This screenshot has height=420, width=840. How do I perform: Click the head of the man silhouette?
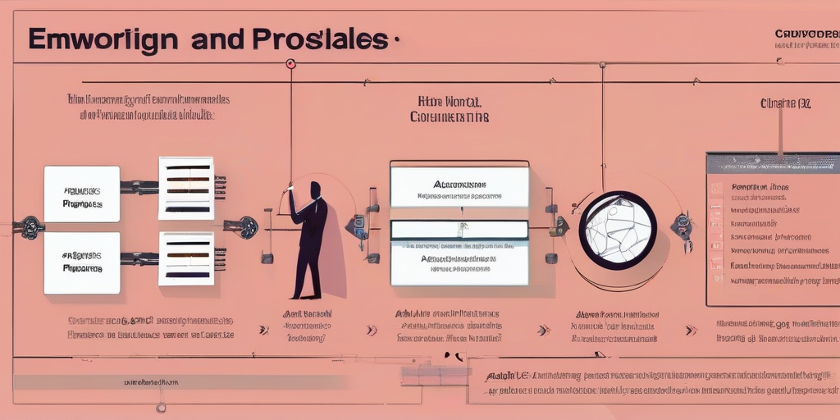[315, 189]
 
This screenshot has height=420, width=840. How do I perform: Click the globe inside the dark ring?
[618, 231]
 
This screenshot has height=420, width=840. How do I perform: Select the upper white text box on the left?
[81, 194]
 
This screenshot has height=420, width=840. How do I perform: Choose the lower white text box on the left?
[81, 262]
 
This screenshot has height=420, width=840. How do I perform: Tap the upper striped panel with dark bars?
[186, 188]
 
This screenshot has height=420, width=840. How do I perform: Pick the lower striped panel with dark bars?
[186, 258]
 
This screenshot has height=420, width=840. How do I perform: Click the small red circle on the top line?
[290, 63]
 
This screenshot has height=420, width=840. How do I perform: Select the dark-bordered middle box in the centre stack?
[459, 231]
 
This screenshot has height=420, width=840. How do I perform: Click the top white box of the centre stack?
[459, 186]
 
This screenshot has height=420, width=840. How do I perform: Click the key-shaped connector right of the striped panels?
[244, 226]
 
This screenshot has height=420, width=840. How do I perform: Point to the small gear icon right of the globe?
[682, 224]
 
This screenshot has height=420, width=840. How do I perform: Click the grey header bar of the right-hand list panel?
[773, 162]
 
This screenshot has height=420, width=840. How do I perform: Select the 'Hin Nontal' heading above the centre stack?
[450, 102]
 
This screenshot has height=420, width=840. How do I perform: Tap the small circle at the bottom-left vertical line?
[161, 407]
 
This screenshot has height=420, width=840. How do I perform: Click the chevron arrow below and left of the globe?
[543, 330]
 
